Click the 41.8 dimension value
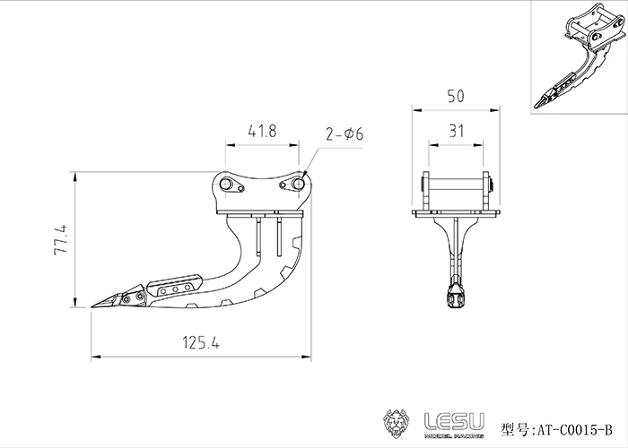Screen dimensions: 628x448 click(261, 131)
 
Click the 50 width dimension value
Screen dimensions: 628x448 click(456, 95)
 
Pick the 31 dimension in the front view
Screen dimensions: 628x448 click(456, 131)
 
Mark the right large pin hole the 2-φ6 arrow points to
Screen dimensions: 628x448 click(288, 185)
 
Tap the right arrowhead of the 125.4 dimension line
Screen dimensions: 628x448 click(308, 357)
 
